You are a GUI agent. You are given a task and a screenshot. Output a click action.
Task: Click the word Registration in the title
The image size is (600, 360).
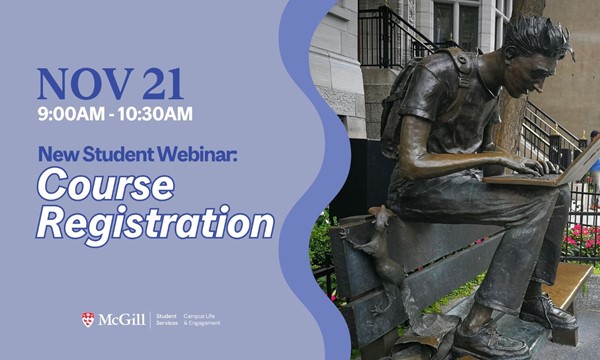[155, 222]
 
